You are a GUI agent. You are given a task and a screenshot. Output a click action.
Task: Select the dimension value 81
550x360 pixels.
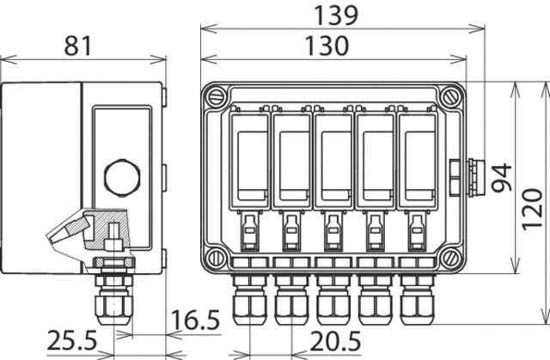coord(82,46)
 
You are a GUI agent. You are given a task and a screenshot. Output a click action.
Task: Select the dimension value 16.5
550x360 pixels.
coord(196,322)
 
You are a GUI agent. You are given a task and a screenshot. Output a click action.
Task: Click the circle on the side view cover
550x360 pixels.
coord(119,178)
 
